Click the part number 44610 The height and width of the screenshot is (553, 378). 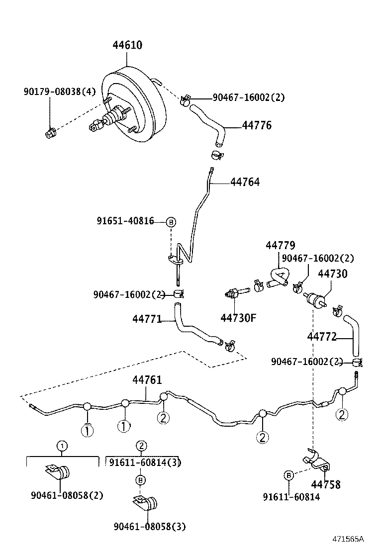pos(127,45)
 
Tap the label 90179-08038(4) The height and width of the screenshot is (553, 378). pos(59,92)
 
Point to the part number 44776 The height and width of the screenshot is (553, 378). pos(257,125)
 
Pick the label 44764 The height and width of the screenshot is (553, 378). pos(245,183)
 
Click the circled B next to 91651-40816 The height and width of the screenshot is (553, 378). pos(171,222)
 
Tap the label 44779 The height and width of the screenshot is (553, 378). pos(280,246)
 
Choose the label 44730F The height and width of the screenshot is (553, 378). pos(238,317)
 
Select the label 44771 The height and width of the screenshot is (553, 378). pos(147,319)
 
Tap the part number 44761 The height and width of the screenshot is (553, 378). pos(147,380)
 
